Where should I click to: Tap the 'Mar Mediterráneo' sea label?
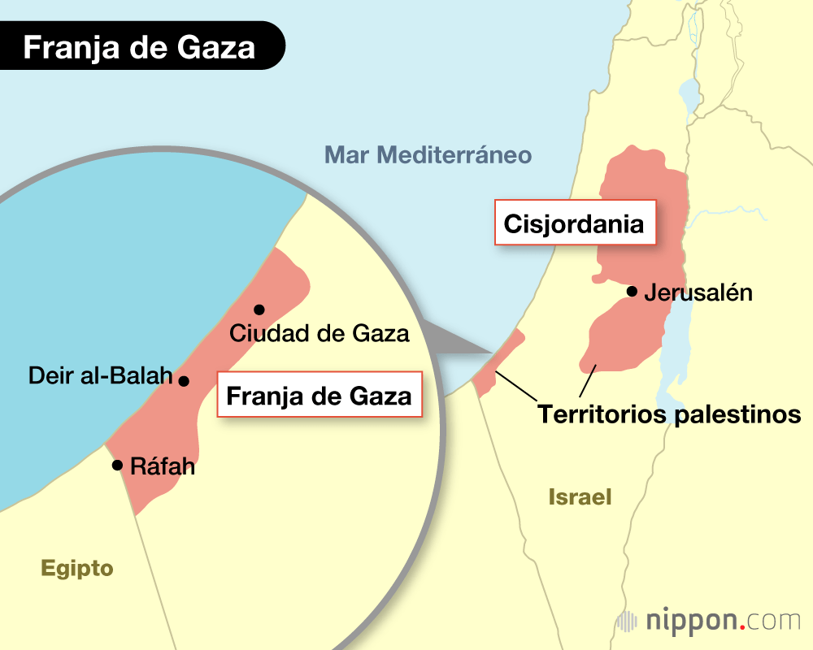pos(428,154)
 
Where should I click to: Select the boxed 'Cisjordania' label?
pos(575,223)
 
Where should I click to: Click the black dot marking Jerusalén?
pos(631,292)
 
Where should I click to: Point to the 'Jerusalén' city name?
pos(698,292)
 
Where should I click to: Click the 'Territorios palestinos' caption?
pos(669,414)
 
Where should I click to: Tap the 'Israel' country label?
pos(580,496)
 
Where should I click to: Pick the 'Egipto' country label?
pos(77,568)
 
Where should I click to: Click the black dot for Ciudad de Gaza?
pos(259,310)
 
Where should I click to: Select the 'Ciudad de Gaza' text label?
pos(320,332)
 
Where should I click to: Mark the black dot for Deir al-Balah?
pos(184,380)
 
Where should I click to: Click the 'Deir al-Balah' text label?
pos(101,375)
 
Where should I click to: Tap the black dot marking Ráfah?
pos(117,466)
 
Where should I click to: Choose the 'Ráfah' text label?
pos(163,468)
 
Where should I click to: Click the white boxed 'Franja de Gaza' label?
pos(319,396)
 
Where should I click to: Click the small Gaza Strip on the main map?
pos(496,366)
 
